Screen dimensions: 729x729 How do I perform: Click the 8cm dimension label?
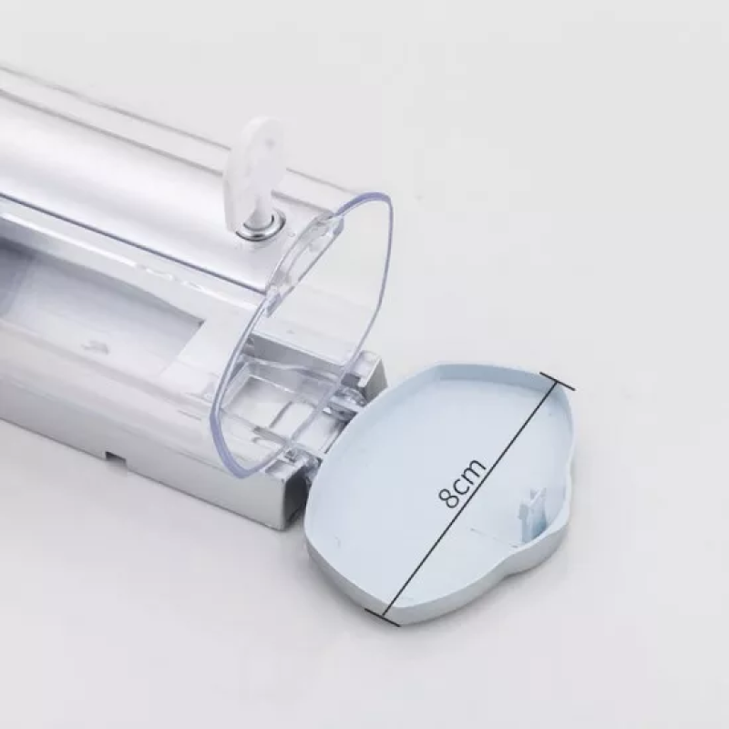pyautogui.click(x=462, y=484)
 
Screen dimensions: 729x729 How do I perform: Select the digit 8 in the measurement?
pyautogui.click(x=449, y=498)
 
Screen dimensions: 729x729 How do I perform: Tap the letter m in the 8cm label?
pyautogui.click(x=475, y=470)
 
